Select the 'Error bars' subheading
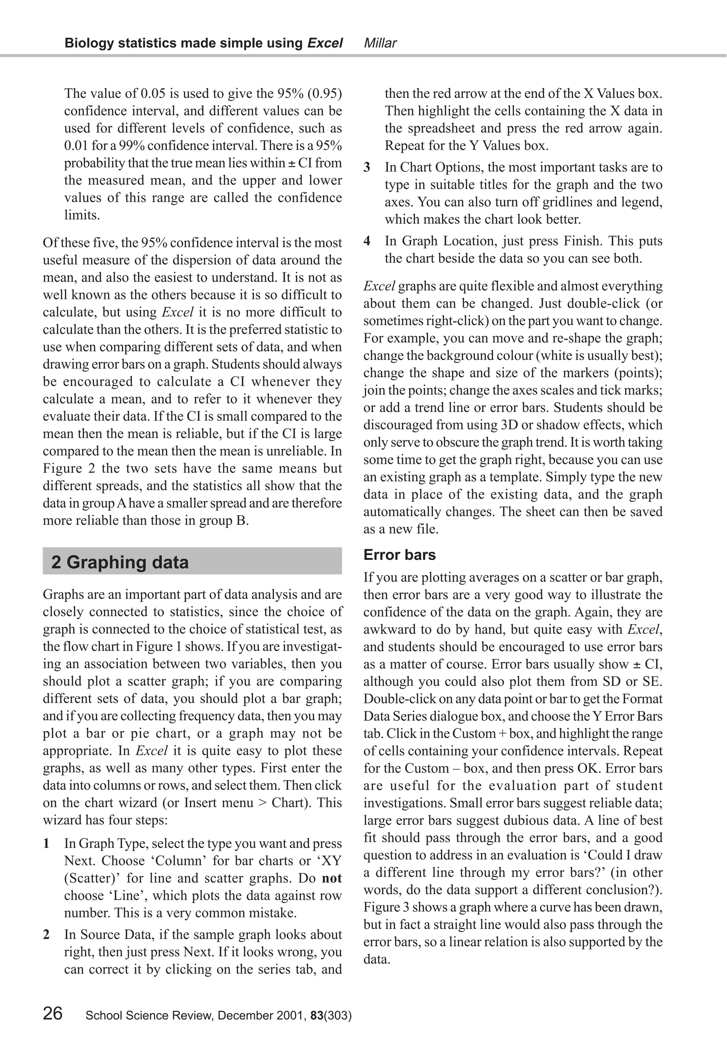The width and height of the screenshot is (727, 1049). pos(399,555)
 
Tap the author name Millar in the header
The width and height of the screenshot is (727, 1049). pos(380,43)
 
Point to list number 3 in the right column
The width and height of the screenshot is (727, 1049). pos(367,168)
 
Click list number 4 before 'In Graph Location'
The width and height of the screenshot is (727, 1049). pos(367,241)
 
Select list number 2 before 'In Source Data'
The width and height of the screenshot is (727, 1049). pos(47,935)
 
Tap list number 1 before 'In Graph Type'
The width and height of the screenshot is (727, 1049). pos(47,843)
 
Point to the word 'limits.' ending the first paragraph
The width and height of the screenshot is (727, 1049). pos(82,215)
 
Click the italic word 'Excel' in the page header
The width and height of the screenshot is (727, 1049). pos(325,43)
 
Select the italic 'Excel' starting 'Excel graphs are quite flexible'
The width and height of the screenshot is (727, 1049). pos(379,287)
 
